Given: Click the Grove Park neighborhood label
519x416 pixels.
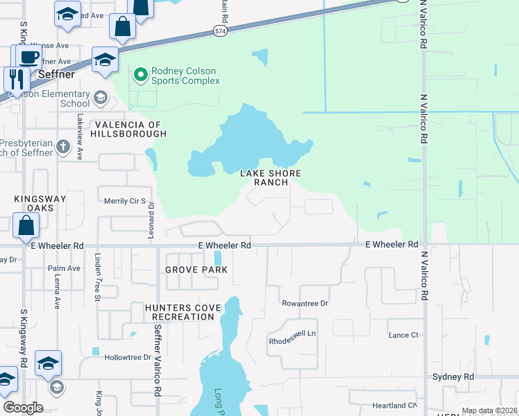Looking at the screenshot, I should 196,270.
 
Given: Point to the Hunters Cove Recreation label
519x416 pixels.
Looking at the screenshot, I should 183,312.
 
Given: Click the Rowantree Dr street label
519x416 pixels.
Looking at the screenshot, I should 304,303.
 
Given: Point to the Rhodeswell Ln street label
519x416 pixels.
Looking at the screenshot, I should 292,333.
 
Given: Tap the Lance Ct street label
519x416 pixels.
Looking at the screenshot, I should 403,335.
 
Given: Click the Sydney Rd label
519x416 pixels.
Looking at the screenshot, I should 452,376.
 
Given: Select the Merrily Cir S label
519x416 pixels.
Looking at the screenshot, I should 124,201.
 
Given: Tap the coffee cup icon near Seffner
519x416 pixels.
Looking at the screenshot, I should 27,57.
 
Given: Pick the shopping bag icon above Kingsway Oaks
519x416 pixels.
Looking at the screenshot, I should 26,225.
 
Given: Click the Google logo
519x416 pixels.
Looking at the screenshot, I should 23,408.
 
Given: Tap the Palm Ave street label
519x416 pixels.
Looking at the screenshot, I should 64,268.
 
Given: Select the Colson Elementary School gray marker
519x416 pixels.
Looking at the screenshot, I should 101,97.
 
